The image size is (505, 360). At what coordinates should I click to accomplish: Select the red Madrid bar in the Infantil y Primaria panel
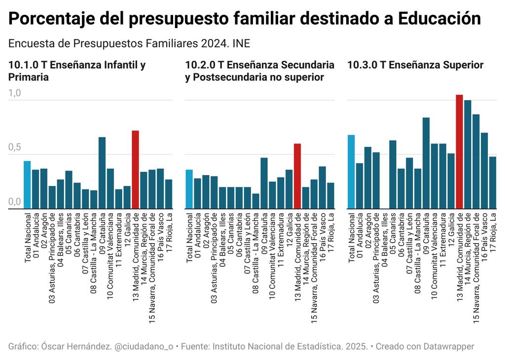pos(136,170)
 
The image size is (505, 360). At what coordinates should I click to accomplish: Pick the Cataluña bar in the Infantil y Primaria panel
pos(102,173)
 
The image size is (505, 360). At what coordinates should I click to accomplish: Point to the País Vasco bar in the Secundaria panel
pos(322,187)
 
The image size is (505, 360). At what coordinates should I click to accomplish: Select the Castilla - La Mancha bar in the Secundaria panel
pos(255,201)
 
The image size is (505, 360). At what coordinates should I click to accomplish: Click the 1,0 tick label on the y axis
pos(15,93)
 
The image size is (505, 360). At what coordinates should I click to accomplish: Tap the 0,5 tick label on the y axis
pos(15,147)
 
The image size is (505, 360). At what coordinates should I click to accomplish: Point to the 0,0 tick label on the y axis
pos(15,202)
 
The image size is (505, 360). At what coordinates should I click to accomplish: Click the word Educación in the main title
pos(439,19)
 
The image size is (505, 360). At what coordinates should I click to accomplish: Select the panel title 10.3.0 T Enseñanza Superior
pos(415,65)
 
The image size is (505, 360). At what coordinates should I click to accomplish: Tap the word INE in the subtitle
pos(241,43)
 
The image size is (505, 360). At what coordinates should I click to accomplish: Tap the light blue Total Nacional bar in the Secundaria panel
pos(189,189)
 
